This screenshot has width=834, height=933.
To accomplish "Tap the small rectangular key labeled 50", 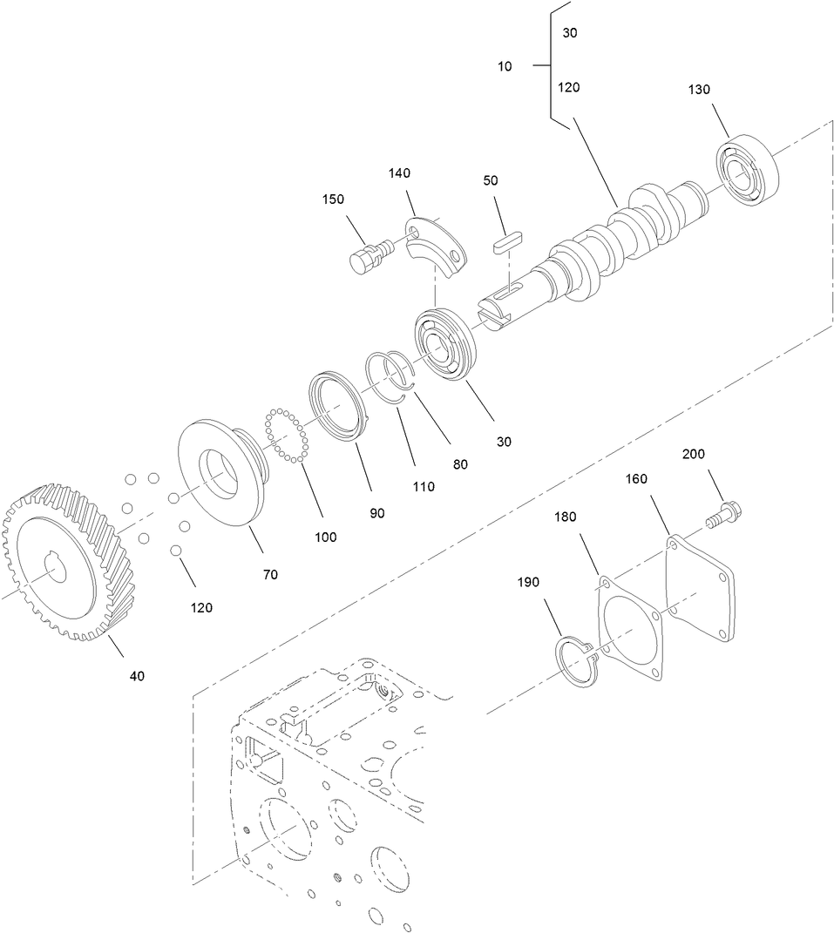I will tap(505, 241).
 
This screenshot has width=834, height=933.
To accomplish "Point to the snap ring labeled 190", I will tap(576, 662).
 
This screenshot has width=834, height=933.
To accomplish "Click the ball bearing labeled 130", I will tap(747, 172).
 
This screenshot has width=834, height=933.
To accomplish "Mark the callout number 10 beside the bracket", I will tap(505, 66).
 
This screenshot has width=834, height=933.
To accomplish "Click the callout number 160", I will tap(637, 479).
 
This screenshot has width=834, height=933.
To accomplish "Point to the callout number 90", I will tap(376, 514).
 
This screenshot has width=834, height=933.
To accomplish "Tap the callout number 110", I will tap(424, 487).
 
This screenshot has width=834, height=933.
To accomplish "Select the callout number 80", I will tap(459, 464).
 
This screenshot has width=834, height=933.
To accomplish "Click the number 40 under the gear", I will tap(137, 676).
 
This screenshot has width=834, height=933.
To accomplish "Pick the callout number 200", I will tap(694, 454).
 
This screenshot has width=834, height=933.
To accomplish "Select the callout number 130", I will tap(699, 89).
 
